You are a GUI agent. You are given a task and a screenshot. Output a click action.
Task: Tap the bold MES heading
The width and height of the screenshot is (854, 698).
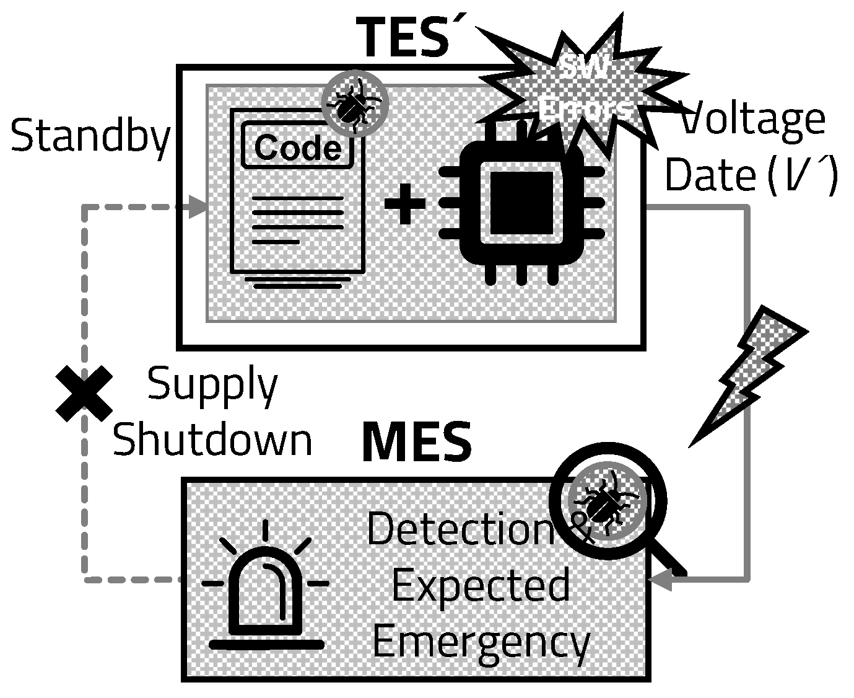(x=416, y=443)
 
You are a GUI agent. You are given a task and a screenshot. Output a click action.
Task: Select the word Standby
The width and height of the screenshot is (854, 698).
(x=90, y=137)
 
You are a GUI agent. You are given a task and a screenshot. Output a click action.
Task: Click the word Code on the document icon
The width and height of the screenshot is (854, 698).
(x=297, y=148)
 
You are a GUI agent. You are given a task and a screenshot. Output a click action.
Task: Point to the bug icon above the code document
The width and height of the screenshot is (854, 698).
(x=354, y=102)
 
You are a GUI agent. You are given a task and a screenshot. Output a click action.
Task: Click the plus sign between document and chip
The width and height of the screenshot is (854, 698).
(x=405, y=202)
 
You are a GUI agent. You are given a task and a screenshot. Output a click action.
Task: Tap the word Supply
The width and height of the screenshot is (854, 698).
(x=212, y=386)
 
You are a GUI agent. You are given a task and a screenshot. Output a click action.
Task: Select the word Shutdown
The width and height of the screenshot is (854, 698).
(x=212, y=440)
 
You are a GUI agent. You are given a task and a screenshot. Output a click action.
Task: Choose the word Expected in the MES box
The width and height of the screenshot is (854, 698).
(x=481, y=586)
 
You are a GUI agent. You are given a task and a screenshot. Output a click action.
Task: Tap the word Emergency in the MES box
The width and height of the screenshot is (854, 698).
(x=481, y=642)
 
